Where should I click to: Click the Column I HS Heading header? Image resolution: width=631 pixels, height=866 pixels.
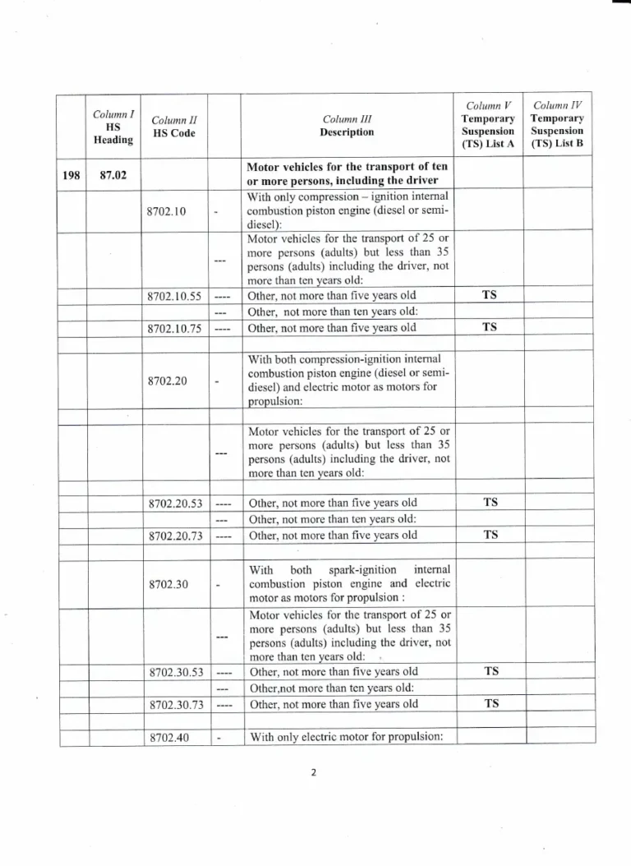tap(113, 126)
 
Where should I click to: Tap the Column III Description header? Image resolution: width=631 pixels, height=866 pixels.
tap(348, 126)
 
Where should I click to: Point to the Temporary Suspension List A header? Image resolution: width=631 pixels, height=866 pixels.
tap(488, 125)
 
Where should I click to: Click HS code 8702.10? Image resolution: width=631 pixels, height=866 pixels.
tap(166, 211)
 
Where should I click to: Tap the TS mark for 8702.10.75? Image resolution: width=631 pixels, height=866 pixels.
tap(490, 327)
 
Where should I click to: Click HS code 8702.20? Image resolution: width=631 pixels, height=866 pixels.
tap(166, 381)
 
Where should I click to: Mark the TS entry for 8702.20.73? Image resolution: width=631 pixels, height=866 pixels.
tap(491, 535)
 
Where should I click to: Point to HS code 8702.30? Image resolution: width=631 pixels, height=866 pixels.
tap(166, 584)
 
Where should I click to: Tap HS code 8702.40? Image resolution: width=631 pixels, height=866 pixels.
tap(166, 737)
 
